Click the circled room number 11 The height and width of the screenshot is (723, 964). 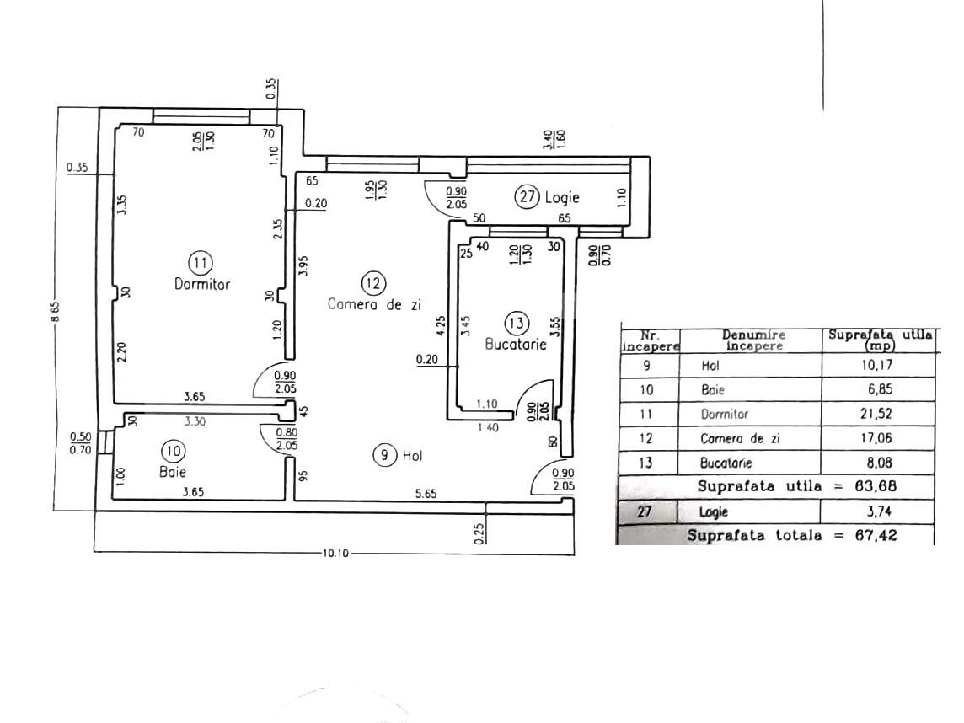pos(200,262)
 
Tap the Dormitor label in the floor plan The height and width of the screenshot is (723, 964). pos(201,284)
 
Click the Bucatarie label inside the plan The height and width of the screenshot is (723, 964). pos(516,344)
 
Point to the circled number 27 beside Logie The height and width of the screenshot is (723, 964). pos(528,197)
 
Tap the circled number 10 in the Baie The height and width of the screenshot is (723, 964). pos(174,452)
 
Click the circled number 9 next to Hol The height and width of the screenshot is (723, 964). pos(384,455)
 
